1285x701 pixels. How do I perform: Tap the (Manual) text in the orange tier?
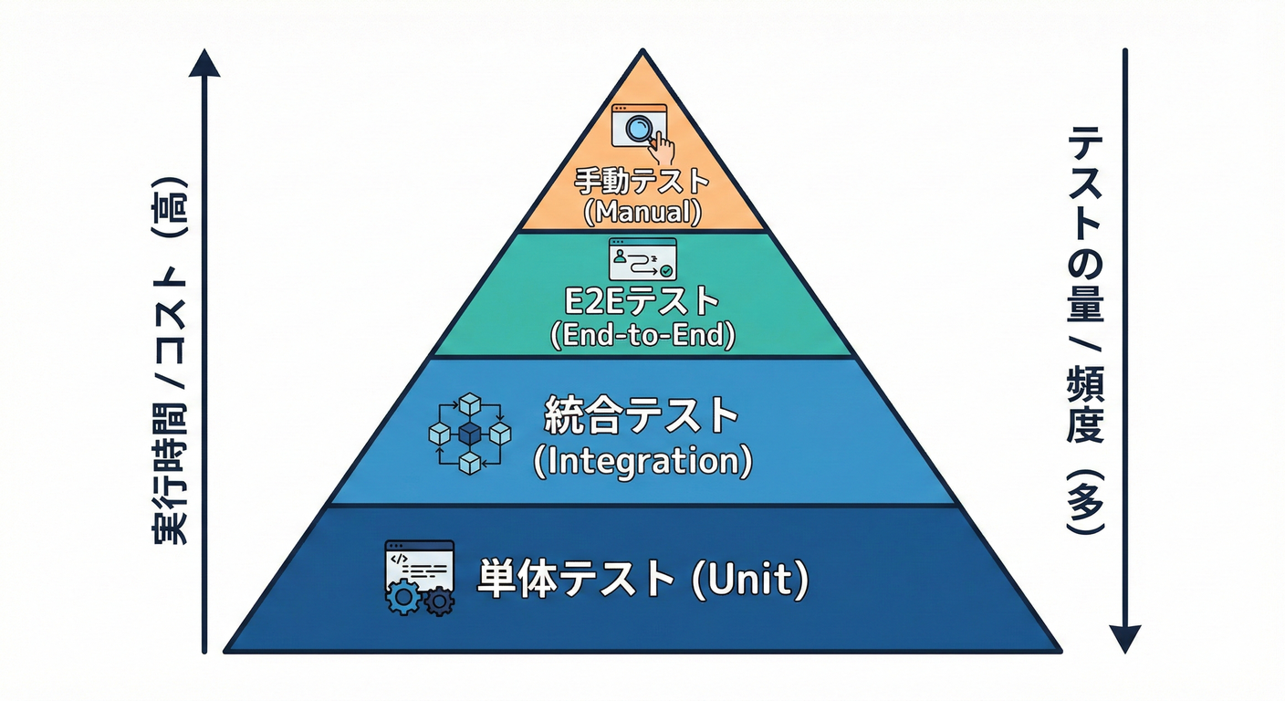(642, 212)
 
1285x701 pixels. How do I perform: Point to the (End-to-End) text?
(642, 335)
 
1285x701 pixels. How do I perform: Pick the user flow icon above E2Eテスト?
(642, 258)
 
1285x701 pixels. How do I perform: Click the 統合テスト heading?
(641, 417)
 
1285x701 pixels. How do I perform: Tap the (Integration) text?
(642, 461)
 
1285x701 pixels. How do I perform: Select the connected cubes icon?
(469, 433)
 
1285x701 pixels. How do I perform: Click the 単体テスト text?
(574, 579)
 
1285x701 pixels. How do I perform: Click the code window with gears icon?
(419, 577)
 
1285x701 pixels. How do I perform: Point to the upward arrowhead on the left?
(205, 62)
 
